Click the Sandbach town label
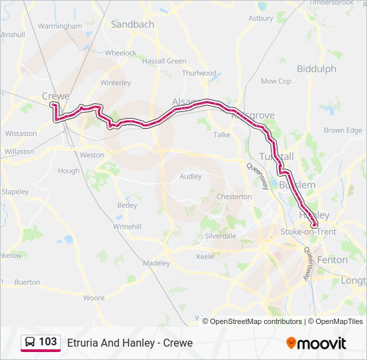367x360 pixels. click(x=132, y=24)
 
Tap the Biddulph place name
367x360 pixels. click(x=316, y=69)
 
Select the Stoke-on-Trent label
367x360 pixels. click(x=308, y=231)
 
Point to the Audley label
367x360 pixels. click(x=190, y=177)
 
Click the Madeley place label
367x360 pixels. click(x=157, y=263)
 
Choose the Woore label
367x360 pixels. click(x=93, y=297)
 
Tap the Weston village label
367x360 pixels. click(x=92, y=155)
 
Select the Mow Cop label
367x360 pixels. click(x=276, y=81)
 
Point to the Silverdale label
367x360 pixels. click(x=221, y=236)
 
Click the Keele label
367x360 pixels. click(x=205, y=256)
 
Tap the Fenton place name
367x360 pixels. click(x=332, y=259)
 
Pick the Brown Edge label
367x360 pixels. click(x=343, y=131)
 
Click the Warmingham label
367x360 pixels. click(x=60, y=26)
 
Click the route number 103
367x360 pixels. click(x=47, y=342)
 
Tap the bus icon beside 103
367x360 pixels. click(x=30, y=343)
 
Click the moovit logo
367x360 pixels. click(x=316, y=343)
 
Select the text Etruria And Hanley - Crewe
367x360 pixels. click(x=129, y=343)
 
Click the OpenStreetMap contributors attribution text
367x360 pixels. click(x=256, y=321)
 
